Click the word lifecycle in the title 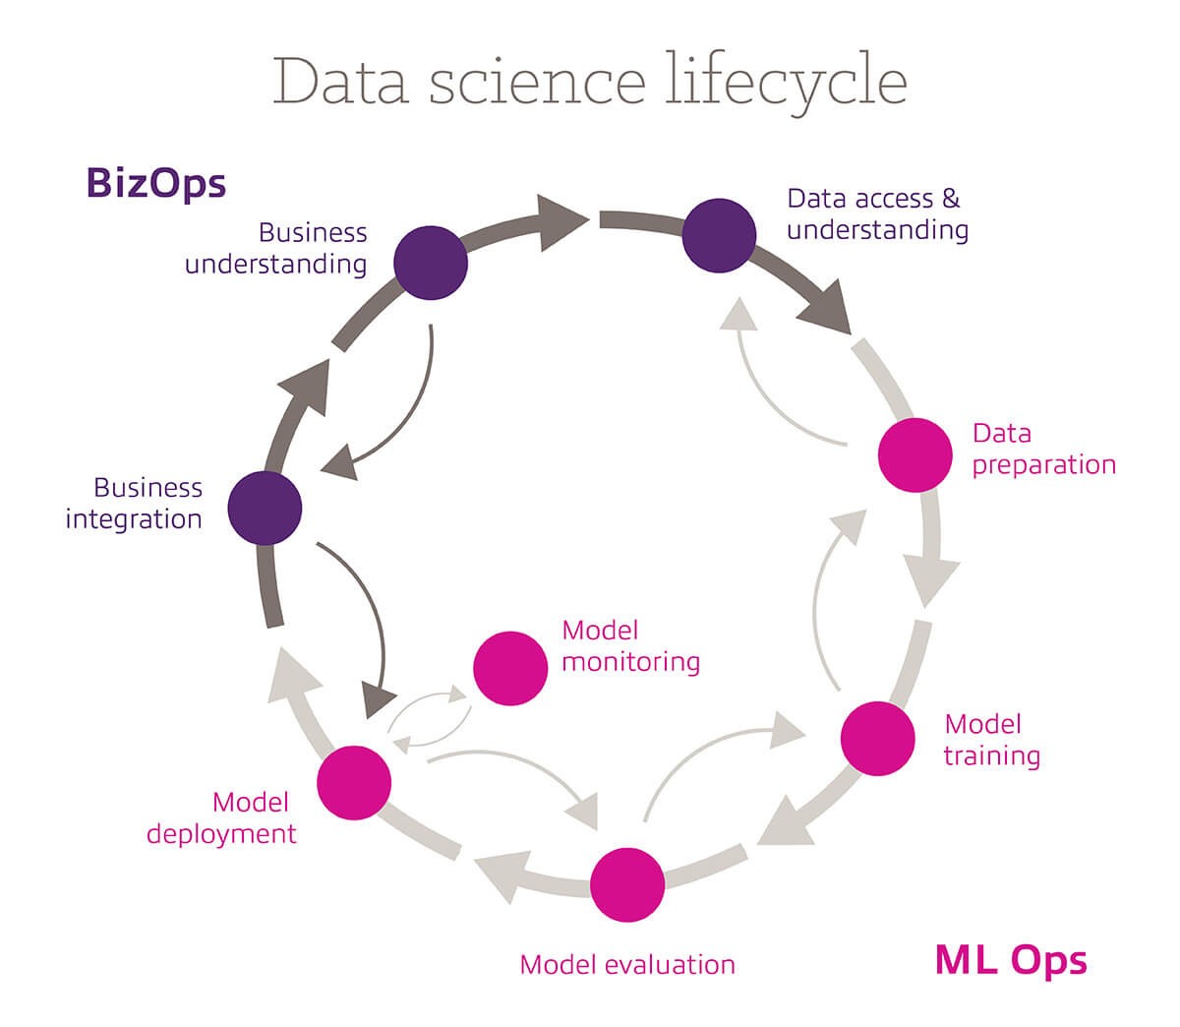coord(786,82)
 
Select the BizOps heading coord(156,183)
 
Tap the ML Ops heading coord(1011,959)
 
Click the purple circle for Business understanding coord(431,263)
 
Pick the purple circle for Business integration coord(265,509)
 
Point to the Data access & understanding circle coord(720,236)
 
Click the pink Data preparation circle coord(914,454)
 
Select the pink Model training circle coord(878,739)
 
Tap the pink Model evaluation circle coord(628,884)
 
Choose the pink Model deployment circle coord(354,783)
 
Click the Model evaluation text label coord(627,964)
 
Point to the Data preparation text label coord(1043,449)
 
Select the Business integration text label coord(134,503)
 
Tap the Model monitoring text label coord(630,645)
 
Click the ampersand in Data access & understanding coord(950,199)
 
